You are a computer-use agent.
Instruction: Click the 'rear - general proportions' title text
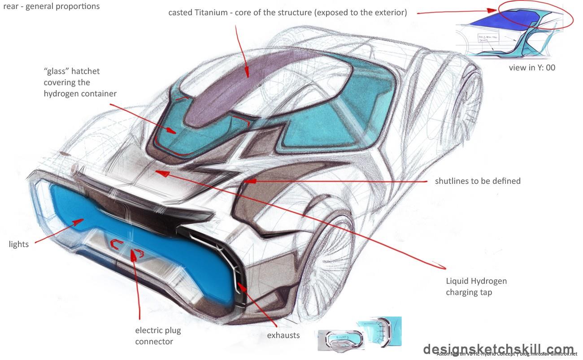[x=51, y=7]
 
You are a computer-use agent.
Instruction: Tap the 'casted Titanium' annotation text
[x=287, y=13]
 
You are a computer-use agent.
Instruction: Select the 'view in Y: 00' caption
[x=532, y=68]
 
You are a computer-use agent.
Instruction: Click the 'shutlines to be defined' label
[x=478, y=181]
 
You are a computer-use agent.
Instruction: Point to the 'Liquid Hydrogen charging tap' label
[x=476, y=287]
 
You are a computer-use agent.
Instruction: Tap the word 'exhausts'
[x=283, y=335]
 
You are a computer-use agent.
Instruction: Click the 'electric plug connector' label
[x=158, y=336]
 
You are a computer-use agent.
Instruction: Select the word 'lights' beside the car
[x=19, y=244]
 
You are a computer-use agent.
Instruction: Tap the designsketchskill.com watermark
[x=498, y=349]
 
